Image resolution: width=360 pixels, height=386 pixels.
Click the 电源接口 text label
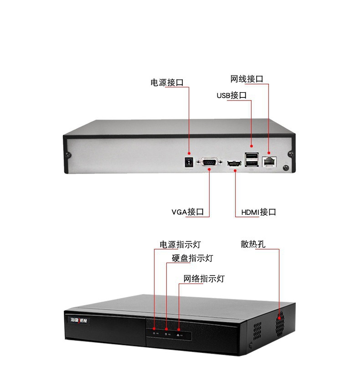click(167, 83)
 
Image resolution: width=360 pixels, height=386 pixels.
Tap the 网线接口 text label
click(247, 79)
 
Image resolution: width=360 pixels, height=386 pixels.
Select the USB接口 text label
click(231, 96)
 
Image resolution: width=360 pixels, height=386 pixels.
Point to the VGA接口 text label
click(187, 212)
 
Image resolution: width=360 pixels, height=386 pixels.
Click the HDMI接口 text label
click(258, 212)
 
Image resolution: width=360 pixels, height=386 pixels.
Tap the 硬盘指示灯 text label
click(192, 259)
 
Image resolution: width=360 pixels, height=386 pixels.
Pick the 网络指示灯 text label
click(204, 279)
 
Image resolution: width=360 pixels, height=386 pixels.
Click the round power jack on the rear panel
click(187, 162)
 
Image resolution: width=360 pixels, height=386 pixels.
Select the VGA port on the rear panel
click(209, 162)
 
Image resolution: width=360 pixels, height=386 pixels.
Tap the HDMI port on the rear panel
click(235, 162)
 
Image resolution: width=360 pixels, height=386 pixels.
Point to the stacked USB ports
click(251, 160)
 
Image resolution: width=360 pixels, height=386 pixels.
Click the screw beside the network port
click(286, 168)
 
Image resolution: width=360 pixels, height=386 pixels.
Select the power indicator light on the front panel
click(154, 329)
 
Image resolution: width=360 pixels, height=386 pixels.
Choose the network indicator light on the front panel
click(179, 329)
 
